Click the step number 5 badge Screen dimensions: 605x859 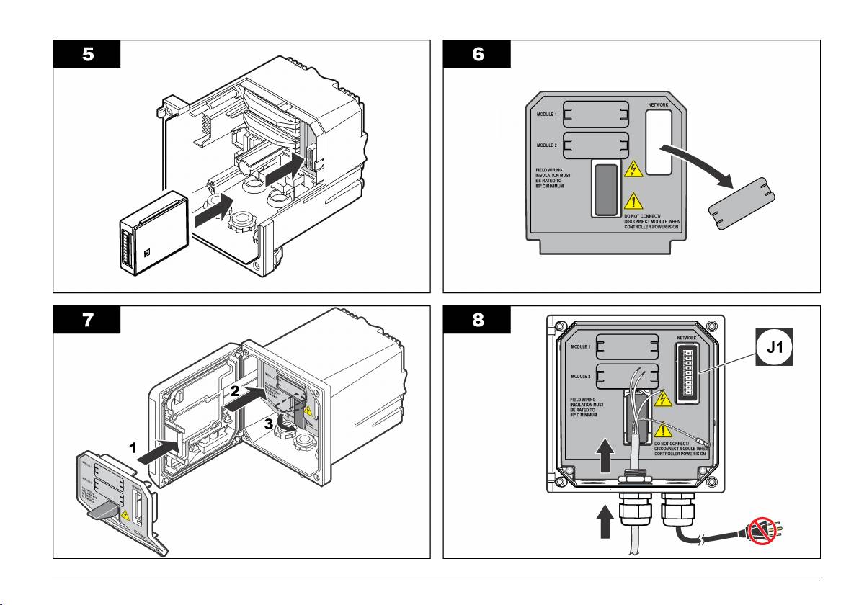click(x=86, y=55)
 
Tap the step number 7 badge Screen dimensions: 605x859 click(x=86, y=321)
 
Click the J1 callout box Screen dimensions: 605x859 click(x=773, y=347)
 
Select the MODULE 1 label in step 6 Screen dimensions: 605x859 click(x=546, y=115)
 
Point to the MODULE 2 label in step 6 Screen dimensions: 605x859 click(x=546, y=145)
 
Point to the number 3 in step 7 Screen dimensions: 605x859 click(x=268, y=425)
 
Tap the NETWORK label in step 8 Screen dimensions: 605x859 click(x=687, y=338)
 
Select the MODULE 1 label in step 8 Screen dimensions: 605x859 click(x=581, y=346)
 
